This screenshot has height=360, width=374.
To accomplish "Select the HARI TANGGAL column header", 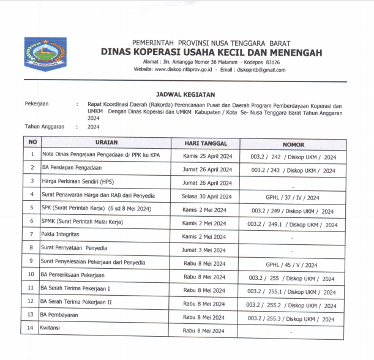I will pyautogui.click(x=207, y=143).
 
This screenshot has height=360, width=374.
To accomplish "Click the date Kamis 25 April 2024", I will pyautogui.click(x=208, y=156).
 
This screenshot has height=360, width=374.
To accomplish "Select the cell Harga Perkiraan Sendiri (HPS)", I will pyautogui.click(x=78, y=182).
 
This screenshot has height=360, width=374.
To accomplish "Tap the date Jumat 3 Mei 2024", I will pyautogui.click(x=208, y=250).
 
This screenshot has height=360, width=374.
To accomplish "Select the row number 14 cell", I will pyautogui.click(x=31, y=328).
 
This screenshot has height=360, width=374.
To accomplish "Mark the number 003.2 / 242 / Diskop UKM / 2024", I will pyautogui.click(x=293, y=157).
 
